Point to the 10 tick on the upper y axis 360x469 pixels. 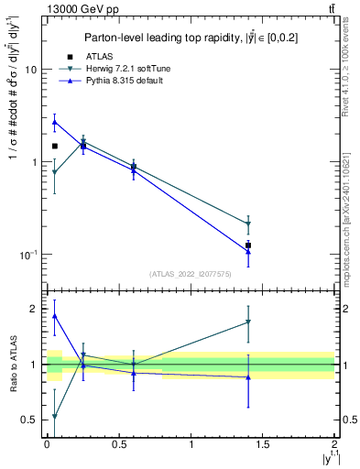[x=30, y=70]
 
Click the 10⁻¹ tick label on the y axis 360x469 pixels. [x=27, y=255]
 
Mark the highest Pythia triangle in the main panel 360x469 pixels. [x=55, y=121]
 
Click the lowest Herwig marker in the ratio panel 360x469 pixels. [x=55, y=417]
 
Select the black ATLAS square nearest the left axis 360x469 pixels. [x=55, y=146]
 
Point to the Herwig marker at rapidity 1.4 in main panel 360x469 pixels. [x=248, y=224]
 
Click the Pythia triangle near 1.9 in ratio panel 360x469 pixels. [x=55, y=316]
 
